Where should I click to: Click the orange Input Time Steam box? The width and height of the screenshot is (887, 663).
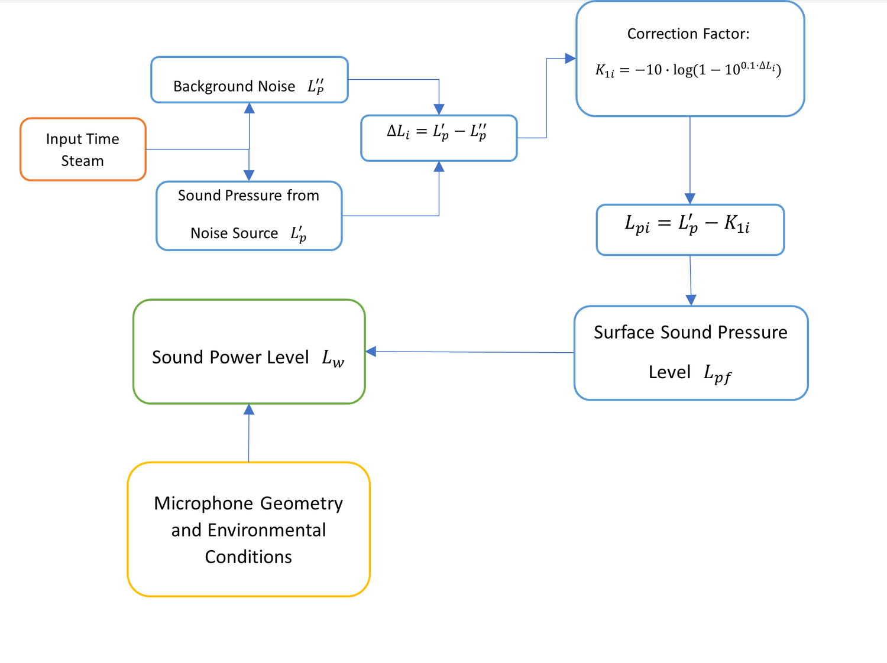(83, 149)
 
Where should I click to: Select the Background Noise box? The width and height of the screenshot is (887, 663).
(249, 80)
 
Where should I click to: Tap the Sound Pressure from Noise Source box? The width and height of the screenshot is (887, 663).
(249, 216)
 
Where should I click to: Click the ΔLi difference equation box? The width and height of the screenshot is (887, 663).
(439, 138)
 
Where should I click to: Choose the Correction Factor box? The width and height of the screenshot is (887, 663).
(689, 59)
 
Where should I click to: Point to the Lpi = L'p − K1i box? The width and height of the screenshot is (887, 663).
(689, 229)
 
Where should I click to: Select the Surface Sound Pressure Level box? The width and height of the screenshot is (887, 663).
(691, 353)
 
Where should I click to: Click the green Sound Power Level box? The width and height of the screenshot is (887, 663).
(249, 352)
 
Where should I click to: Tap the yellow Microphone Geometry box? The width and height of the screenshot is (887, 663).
(248, 529)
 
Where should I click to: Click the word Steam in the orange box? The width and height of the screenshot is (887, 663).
(82, 161)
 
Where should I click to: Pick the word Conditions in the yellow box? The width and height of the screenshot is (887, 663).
(248, 557)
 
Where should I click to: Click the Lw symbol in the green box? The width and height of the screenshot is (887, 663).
(333, 358)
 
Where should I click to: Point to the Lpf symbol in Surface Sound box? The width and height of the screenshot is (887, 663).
(717, 373)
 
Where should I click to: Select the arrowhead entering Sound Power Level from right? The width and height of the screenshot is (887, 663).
(371, 352)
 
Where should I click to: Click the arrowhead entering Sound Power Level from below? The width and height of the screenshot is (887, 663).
(249, 409)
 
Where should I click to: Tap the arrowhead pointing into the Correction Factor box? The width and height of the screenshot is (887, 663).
(570, 58)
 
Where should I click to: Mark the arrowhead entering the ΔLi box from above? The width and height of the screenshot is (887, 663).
(439, 109)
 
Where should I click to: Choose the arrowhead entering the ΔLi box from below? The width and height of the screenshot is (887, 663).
(439, 167)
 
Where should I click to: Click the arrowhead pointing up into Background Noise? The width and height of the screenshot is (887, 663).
(250, 108)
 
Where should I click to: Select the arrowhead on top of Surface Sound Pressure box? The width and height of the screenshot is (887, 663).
(691, 300)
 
